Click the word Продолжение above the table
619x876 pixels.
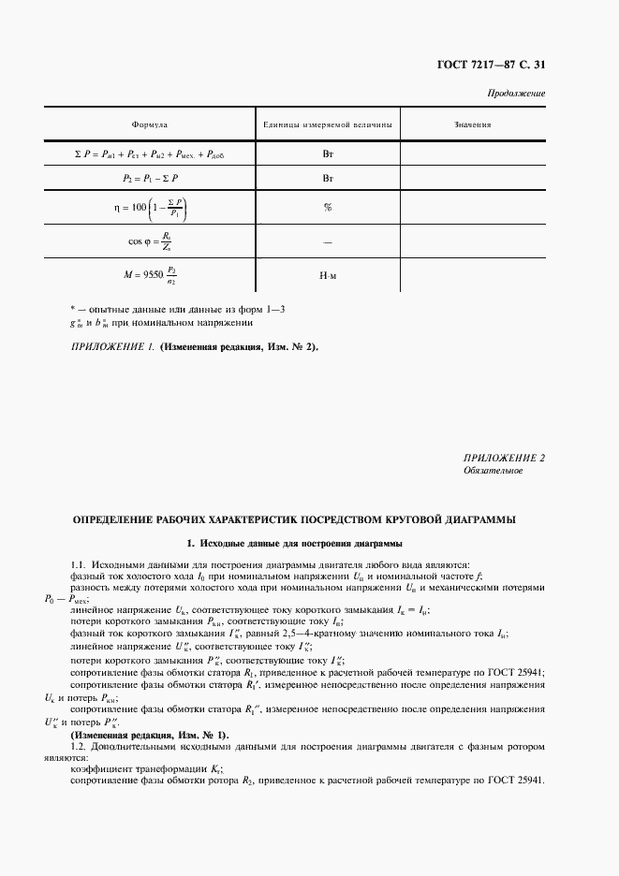tap(517, 95)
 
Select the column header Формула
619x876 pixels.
tap(149, 124)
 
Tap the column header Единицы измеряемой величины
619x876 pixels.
tap(327, 124)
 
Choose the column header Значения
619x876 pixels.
tap(473, 124)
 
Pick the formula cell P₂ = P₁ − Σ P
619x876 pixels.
tap(150, 177)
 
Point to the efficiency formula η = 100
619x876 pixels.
tap(150, 208)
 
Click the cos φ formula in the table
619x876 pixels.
tap(150, 241)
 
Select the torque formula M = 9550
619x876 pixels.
tap(150, 276)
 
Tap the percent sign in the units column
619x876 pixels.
tap(328, 208)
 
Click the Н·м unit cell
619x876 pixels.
tap(328, 277)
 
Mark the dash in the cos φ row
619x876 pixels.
tap(328, 242)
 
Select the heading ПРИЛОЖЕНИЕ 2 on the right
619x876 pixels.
tap(504, 458)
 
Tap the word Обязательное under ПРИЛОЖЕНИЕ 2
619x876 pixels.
tap(494, 471)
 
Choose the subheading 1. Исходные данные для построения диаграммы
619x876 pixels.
tap(295, 543)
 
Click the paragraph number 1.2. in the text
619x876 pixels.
tap(81, 747)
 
